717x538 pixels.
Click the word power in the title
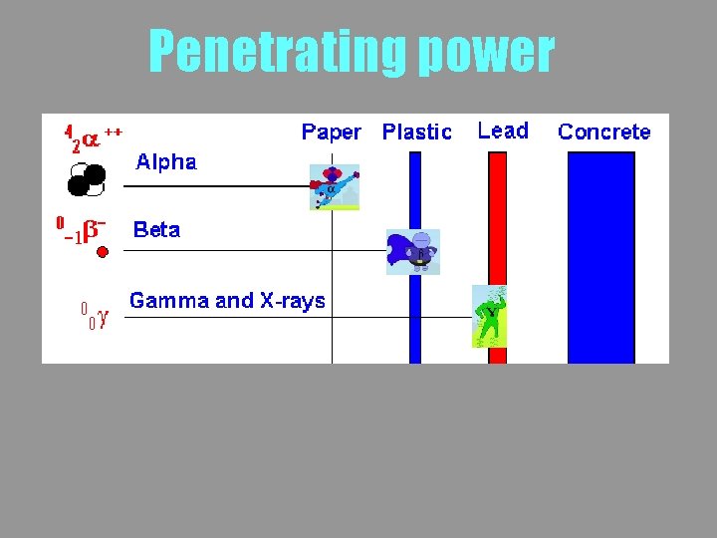[x=486, y=53]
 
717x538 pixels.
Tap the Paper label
[x=331, y=132]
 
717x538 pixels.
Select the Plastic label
[x=417, y=132]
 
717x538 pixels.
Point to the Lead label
[x=503, y=131]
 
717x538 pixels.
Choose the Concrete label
[x=604, y=132]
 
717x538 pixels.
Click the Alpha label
[x=166, y=161]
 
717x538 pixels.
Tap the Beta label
[x=157, y=230]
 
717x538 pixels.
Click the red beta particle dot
[x=102, y=253]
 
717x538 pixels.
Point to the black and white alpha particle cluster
[x=87, y=181]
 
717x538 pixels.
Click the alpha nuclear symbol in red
[x=93, y=136]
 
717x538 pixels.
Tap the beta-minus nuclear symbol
[x=83, y=228]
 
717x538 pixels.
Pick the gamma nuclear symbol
[x=95, y=317]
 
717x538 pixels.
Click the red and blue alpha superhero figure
[x=334, y=187]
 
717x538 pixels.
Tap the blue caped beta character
[x=412, y=251]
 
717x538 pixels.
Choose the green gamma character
[x=490, y=316]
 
